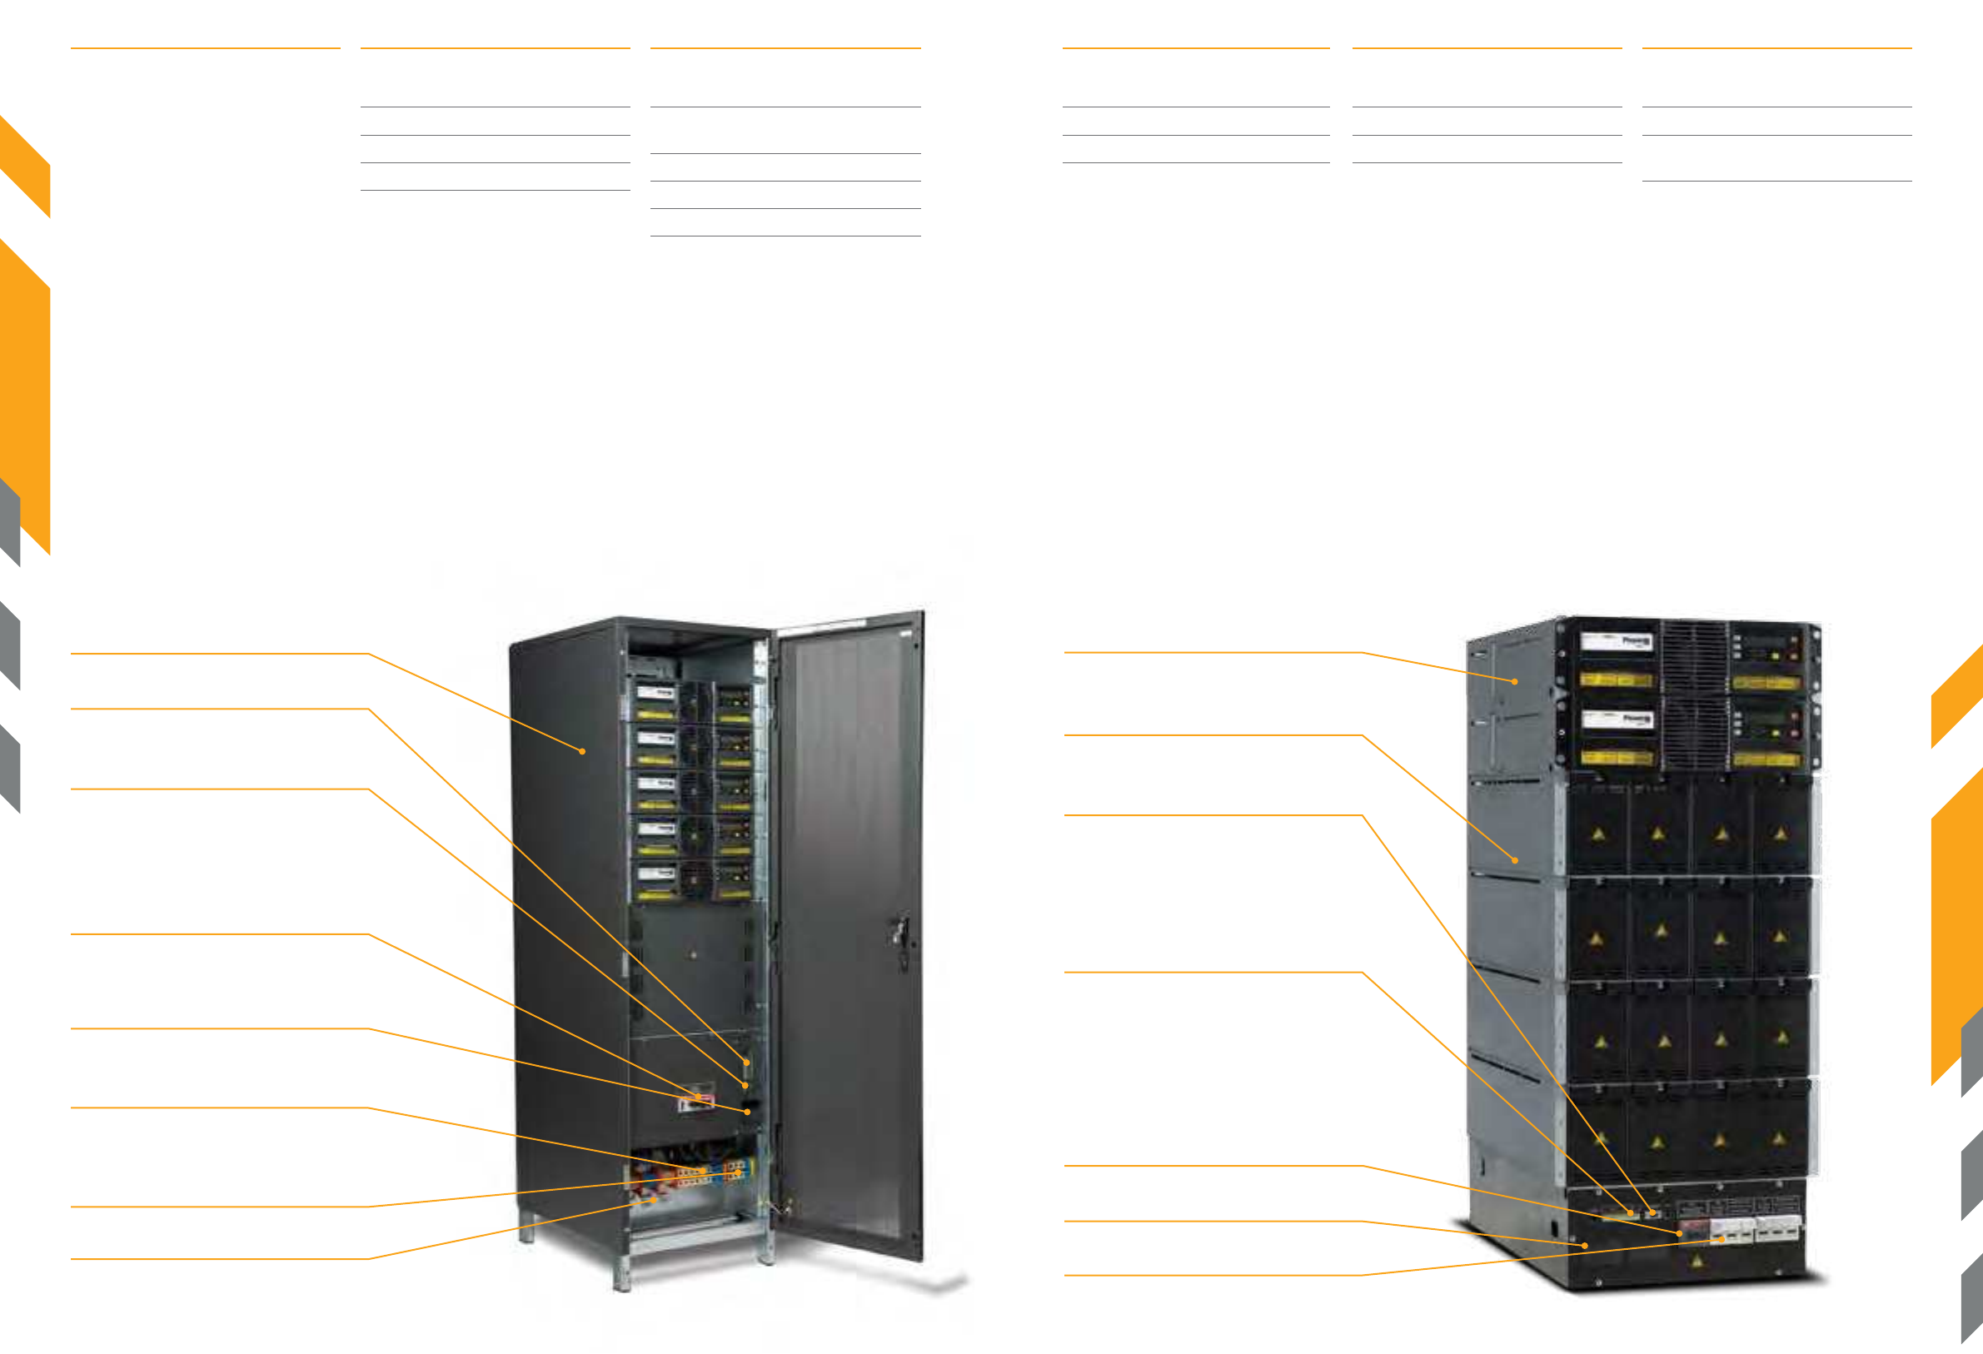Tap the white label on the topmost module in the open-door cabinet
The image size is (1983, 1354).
coord(655,693)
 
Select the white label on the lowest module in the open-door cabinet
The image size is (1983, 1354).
coord(655,874)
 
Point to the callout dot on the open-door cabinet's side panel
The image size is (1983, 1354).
coord(582,751)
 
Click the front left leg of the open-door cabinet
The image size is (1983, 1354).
coord(622,1276)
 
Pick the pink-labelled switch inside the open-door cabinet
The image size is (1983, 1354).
coord(695,1103)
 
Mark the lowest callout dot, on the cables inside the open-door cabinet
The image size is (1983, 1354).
coord(655,1200)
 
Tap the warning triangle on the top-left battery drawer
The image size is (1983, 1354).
coord(1598,834)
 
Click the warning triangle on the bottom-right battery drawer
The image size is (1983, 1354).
coord(1778,1138)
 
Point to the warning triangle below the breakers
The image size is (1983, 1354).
coord(1697,1260)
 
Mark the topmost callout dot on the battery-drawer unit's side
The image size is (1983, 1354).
coord(1515,682)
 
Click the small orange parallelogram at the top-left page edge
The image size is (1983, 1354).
coord(25,167)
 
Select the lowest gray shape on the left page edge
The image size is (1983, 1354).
coord(10,768)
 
